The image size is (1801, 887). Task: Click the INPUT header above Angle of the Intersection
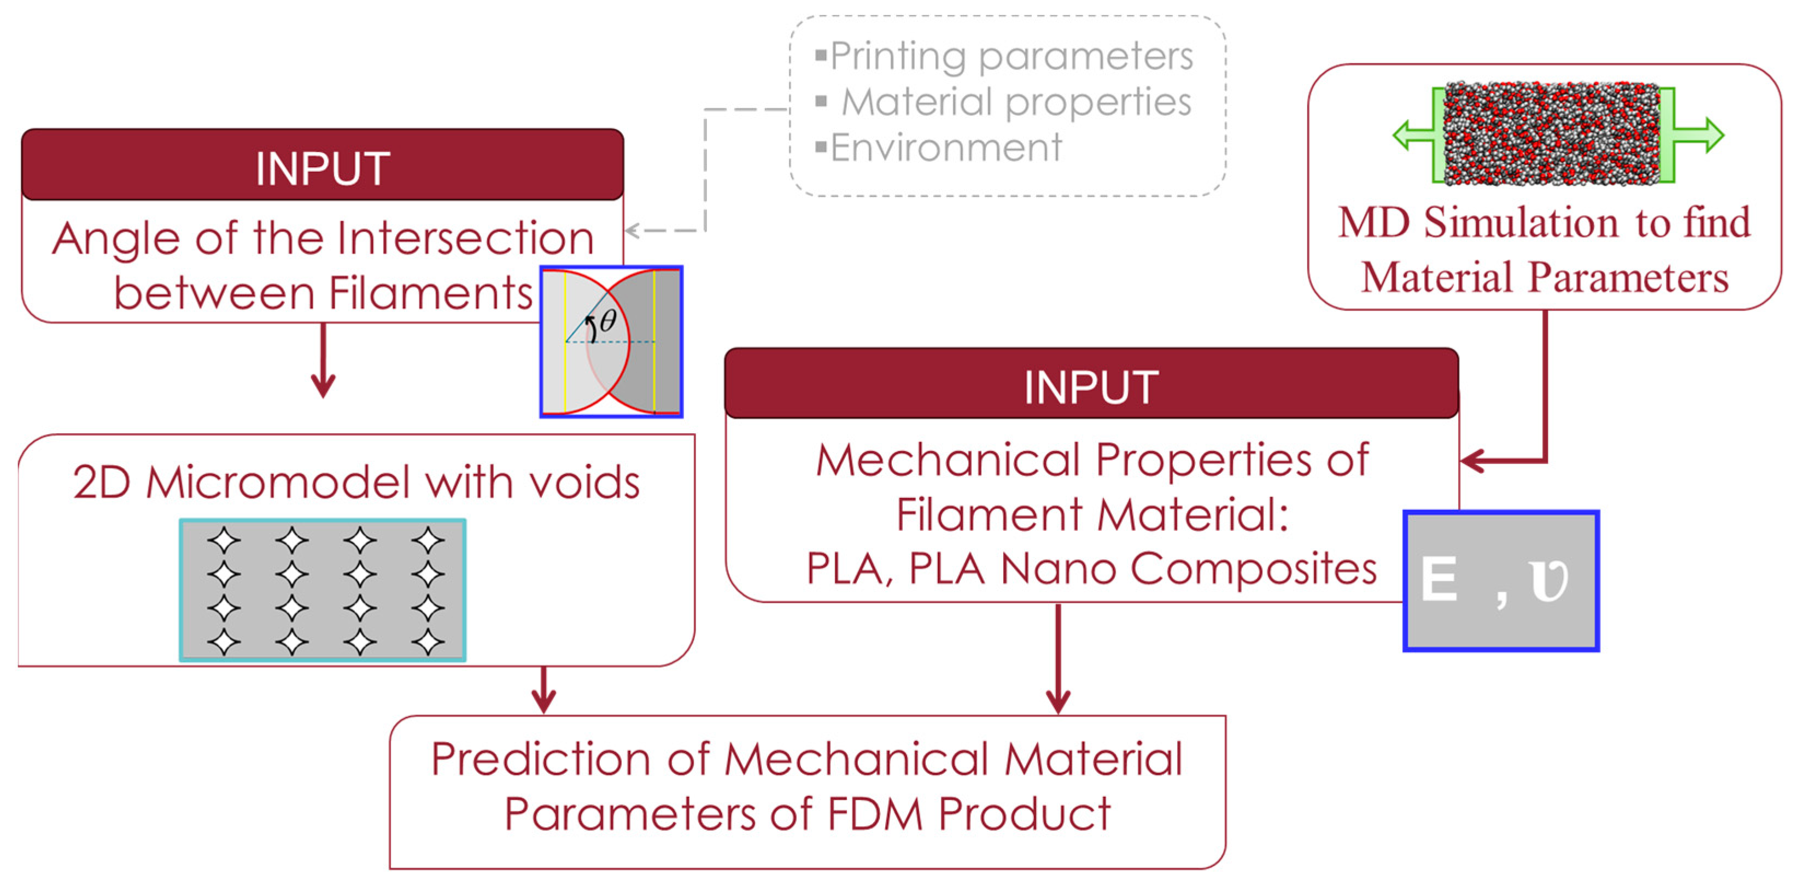tap(322, 168)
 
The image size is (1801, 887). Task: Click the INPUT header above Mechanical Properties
tap(1091, 386)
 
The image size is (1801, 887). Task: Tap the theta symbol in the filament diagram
tap(607, 321)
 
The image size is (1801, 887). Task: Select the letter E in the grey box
tap(1439, 580)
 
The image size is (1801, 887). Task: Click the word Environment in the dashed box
tap(945, 148)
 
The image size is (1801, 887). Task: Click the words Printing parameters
tap(1011, 56)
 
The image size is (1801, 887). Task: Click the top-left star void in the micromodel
tap(224, 541)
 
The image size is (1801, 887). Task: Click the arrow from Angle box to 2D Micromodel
tap(323, 363)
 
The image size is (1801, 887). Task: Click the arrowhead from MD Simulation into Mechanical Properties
tap(1472, 461)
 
